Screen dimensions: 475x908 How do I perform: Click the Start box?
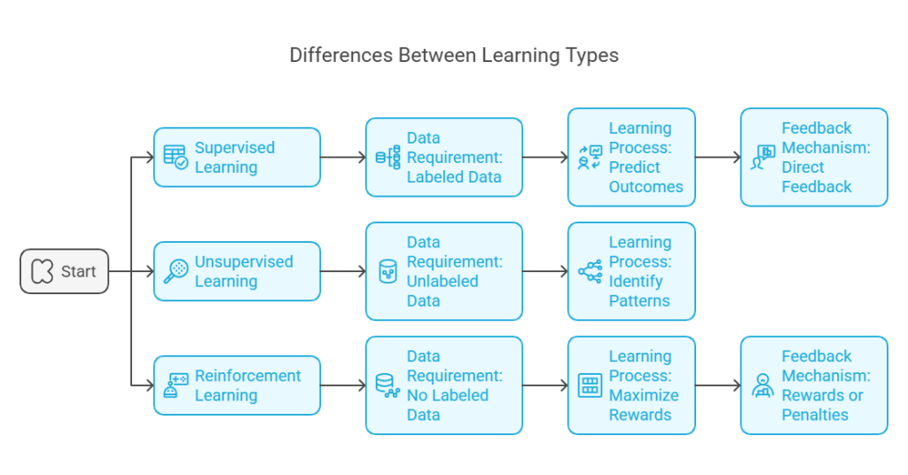65,271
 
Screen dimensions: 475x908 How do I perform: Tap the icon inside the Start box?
42,271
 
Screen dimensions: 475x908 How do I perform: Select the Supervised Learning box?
237,158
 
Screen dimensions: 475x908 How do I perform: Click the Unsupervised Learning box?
237,271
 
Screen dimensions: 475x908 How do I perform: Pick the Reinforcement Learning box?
237,385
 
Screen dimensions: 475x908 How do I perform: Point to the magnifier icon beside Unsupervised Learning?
176,271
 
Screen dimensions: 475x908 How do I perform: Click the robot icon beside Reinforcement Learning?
176,385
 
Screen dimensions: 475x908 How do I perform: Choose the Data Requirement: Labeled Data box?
444,158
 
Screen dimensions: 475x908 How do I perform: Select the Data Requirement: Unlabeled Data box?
444,271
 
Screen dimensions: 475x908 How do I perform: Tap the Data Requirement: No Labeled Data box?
444,385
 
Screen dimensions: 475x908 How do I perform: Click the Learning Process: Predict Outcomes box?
631,158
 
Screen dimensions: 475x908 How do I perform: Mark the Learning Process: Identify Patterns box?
631,271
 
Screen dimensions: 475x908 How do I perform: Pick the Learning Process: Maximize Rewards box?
631,385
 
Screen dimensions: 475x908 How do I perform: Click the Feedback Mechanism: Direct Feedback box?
814,158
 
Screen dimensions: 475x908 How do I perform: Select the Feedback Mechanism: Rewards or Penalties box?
814,385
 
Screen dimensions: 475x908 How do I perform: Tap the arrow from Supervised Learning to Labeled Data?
343,158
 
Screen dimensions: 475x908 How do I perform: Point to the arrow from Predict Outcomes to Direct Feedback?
718,158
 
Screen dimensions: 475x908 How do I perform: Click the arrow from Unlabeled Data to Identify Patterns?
545,271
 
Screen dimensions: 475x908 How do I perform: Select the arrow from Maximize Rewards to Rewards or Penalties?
718,385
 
